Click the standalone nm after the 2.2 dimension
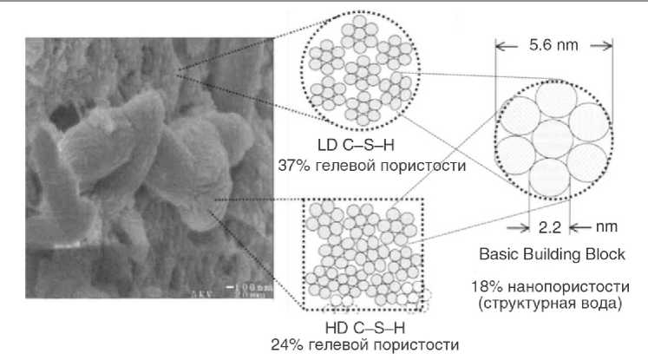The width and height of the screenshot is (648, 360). click(x=599, y=229)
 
